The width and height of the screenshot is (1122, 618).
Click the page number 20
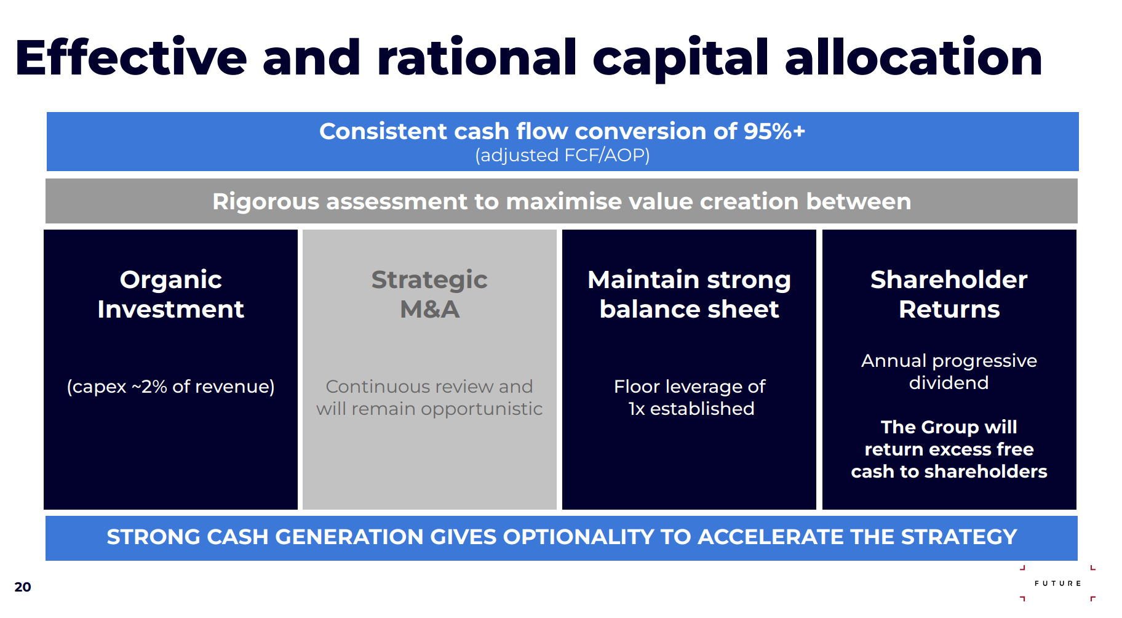pyautogui.click(x=23, y=587)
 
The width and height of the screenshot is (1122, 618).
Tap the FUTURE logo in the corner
pyautogui.click(x=1057, y=583)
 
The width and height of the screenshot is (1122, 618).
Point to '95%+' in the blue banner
pyautogui.click(x=774, y=131)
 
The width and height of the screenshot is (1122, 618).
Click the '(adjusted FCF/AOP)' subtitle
pyautogui.click(x=562, y=155)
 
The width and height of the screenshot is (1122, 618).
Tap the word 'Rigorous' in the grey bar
pyautogui.click(x=266, y=201)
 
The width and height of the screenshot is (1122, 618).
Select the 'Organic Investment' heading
pyautogui.click(x=171, y=294)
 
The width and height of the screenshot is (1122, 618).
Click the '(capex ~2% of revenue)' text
pyautogui.click(x=171, y=387)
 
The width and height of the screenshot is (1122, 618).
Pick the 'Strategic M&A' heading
pyautogui.click(x=429, y=294)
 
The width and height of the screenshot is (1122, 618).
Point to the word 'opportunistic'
pyautogui.click(x=482, y=409)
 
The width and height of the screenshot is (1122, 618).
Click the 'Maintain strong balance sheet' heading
pyautogui.click(x=690, y=294)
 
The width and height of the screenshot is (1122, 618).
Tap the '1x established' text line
pyautogui.click(x=691, y=409)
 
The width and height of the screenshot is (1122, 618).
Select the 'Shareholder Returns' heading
pyautogui.click(x=949, y=294)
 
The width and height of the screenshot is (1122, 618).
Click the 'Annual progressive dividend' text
pyautogui.click(x=949, y=372)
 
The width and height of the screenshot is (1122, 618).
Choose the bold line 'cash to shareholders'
pyautogui.click(x=949, y=472)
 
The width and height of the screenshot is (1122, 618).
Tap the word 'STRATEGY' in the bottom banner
pyautogui.click(x=959, y=537)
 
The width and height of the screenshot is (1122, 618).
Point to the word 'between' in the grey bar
pyautogui.click(x=858, y=201)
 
